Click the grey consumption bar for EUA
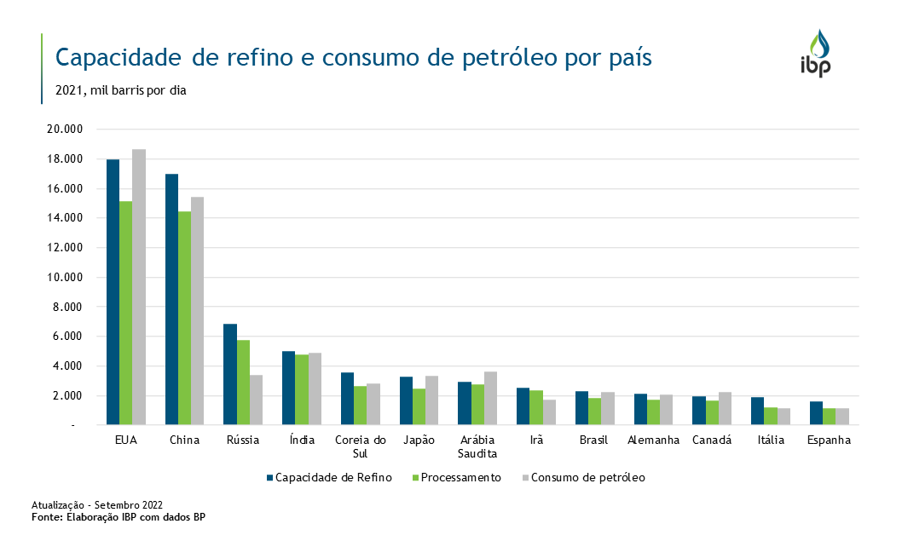tap(139, 286)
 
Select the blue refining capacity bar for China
tap(171, 299)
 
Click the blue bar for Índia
tap(288, 388)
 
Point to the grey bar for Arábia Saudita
tap(490, 398)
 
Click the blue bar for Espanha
tap(816, 412)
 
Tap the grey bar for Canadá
tap(724, 408)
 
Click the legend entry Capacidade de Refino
tap(328, 478)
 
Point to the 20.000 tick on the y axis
tap(64, 129)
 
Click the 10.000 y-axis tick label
tap(64, 278)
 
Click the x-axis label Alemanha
tap(653, 440)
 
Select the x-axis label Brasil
tap(593, 440)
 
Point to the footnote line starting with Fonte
tap(119, 517)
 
